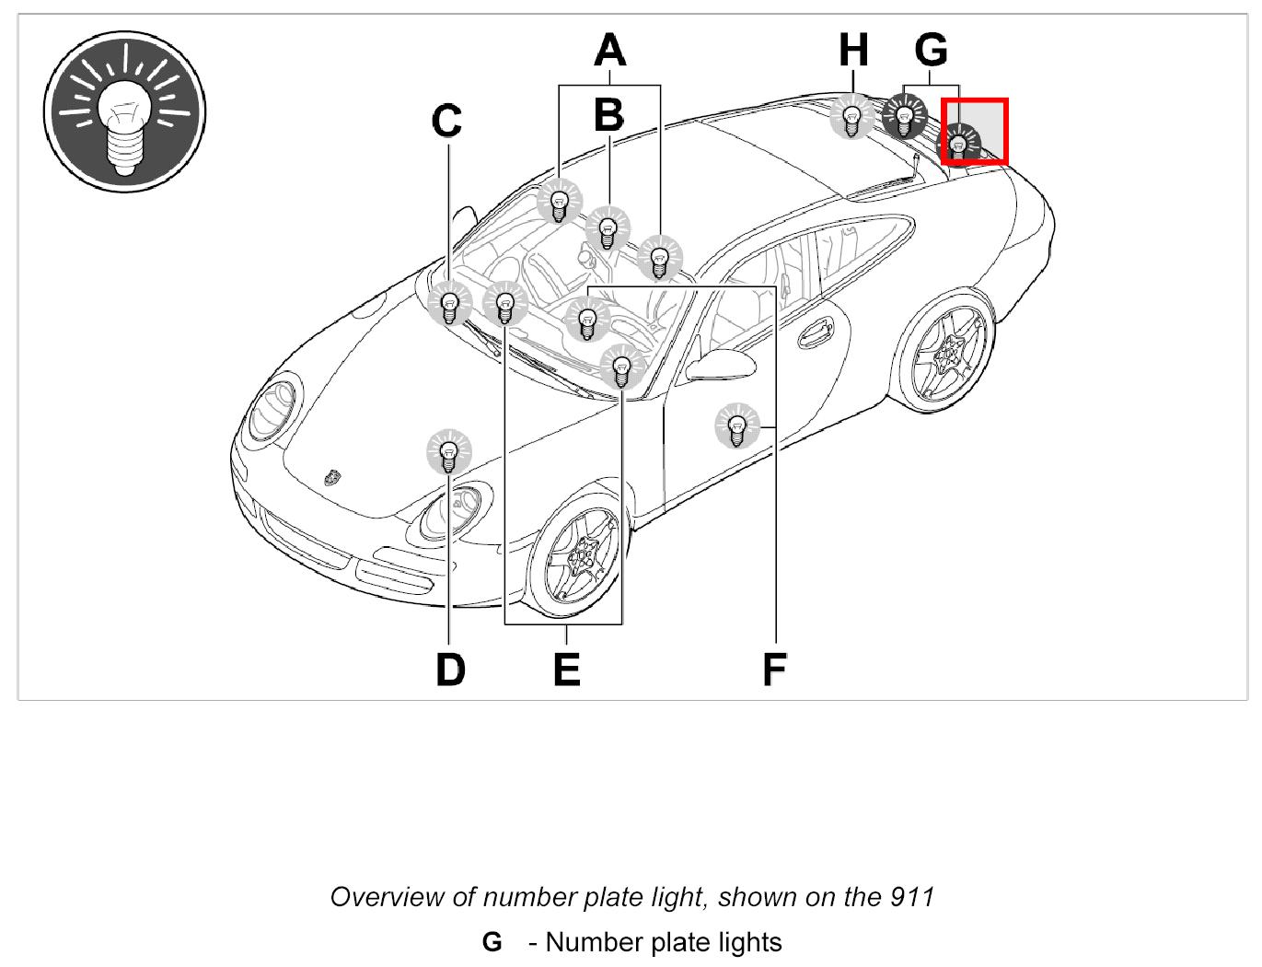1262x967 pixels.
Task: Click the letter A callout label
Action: tap(609, 51)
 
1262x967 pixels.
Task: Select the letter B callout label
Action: tap(608, 117)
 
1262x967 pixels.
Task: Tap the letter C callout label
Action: tap(447, 121)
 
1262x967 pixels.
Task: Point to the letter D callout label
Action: tap(450, 670)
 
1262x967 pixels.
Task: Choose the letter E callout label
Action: tap(567, 670)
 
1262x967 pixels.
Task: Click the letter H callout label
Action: tap(853, 50)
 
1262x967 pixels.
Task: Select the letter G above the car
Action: tap(932, 50)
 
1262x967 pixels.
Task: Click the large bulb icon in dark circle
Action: tap(124, 112)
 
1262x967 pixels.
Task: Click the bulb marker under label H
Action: tap(852, 118)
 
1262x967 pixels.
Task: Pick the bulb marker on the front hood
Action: tap(449, 452)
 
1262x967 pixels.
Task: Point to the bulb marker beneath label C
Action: tap(449, 305)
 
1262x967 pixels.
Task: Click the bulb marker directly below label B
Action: tap(607, 227)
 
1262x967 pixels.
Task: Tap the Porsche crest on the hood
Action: tap(333, 477)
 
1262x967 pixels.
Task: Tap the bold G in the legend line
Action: tap(492, 942)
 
